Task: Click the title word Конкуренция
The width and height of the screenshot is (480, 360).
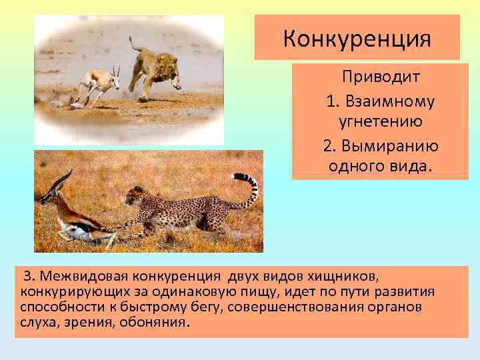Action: (x=357, y=38)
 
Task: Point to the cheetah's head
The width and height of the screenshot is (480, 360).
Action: (x=136, y=195)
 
